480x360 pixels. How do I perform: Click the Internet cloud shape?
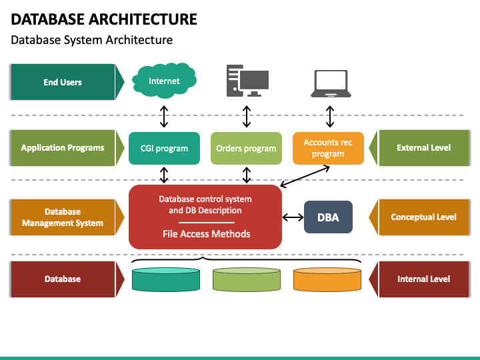tap(164, 81)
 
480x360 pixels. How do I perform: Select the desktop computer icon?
tap(247, 81)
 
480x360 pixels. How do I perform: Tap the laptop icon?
tap(331, 83)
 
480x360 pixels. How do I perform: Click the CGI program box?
tap(164, 148)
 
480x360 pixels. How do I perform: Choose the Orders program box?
tap(246, 148)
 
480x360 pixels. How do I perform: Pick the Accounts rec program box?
tap(328, 148)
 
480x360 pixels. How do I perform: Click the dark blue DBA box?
tap(328, 217)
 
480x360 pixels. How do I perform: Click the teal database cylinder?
tap(166, 279)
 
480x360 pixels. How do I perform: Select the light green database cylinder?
tap(247, 279)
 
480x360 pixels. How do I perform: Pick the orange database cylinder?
tap(327, 279)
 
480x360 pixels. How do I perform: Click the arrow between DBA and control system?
tap(293, 217)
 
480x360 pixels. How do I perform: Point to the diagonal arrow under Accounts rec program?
tap(305, 176)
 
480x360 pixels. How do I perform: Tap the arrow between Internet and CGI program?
tap(164, 117)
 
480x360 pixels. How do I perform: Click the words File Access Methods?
tap(206, 234)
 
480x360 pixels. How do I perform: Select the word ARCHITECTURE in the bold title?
tap(143, 19)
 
